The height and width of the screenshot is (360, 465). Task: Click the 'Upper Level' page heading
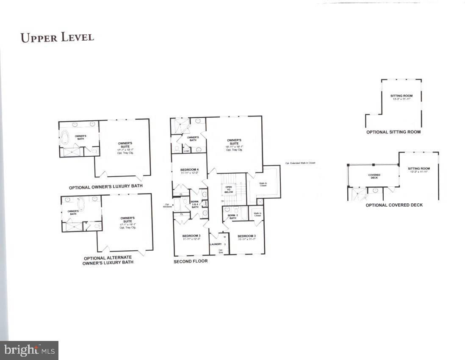[57, 37]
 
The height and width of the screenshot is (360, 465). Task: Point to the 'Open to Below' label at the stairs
[229, 189]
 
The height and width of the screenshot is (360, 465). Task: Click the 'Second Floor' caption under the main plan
[191, 262]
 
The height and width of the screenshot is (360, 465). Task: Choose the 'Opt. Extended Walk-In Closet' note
[300, 163]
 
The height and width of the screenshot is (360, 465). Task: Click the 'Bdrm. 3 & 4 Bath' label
[195, 204]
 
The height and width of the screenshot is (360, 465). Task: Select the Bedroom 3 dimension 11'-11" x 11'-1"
[246, 240]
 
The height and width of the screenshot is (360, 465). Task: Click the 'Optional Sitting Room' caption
[393, 132]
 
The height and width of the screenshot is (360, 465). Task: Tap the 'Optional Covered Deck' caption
[394, 205]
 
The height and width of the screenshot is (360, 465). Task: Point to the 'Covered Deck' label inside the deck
[374, 176]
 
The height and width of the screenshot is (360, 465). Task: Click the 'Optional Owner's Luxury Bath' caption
[105, 186]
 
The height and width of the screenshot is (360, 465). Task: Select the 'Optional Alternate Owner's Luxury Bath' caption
[108, 260]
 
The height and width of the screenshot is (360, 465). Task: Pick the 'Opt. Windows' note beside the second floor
[167, 206]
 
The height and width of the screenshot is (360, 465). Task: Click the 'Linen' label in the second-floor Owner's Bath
[186, 150]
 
